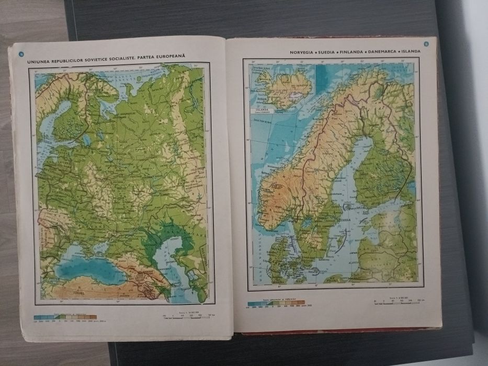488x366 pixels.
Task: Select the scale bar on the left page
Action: pos(175,315)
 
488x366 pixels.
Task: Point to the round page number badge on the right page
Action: pos(427,45)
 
